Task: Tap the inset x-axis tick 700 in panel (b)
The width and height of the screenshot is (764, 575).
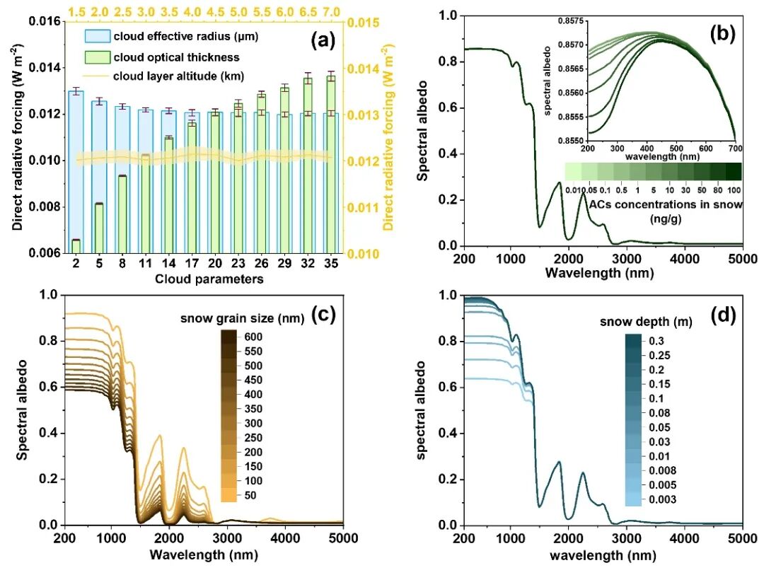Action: [735, 149]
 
